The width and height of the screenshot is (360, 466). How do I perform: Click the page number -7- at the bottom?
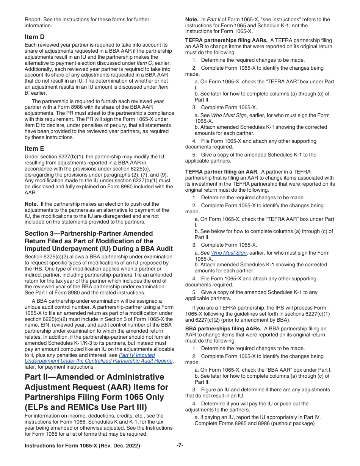(x=180, y=446)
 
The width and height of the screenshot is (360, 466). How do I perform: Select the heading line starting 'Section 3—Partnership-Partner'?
(x=89, y=233)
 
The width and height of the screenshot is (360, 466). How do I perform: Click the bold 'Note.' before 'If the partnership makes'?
(x=31, y=204)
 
